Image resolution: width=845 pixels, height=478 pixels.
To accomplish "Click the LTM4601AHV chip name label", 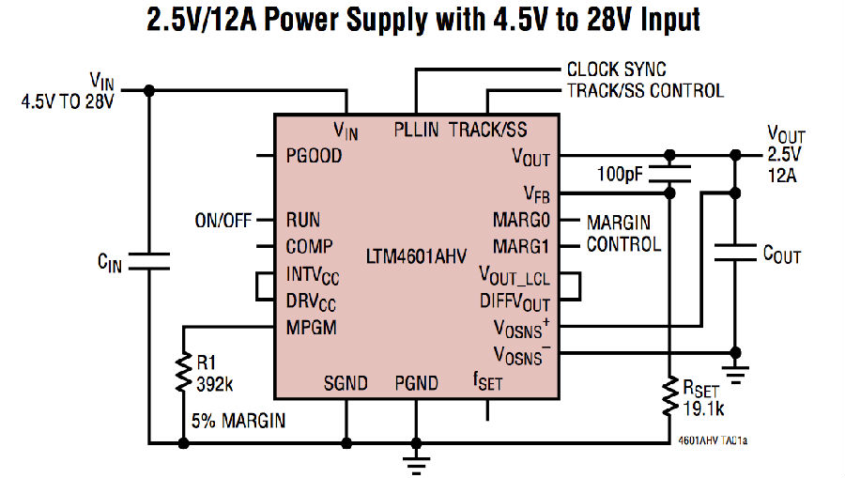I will point(412,254).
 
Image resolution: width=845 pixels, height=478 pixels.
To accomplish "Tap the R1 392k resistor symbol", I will point(183,374).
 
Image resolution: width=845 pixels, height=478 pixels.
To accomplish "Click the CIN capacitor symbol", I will point(148,261).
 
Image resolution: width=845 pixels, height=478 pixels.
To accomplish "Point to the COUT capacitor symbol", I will point(734,251).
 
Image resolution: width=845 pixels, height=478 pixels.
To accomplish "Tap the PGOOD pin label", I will point(314,157).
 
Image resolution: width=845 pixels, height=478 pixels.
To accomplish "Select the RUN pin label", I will point(303,221).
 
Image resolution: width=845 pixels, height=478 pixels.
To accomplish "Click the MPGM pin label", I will point(312,328).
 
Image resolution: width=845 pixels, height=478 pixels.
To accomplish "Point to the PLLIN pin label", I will point(416,130).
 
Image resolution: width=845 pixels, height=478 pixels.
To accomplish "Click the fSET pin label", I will point(487,382).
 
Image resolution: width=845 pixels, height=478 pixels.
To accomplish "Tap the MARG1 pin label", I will point(521,247).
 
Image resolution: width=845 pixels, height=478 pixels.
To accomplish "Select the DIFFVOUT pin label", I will point(515,302).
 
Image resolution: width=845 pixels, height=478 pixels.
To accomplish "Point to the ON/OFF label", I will point(223,221).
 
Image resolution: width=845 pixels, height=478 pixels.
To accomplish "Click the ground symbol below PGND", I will point(415,461).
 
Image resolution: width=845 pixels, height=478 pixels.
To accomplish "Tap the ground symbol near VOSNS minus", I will point(734,375).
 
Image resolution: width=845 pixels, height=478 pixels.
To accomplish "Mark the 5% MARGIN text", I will point(240,421).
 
